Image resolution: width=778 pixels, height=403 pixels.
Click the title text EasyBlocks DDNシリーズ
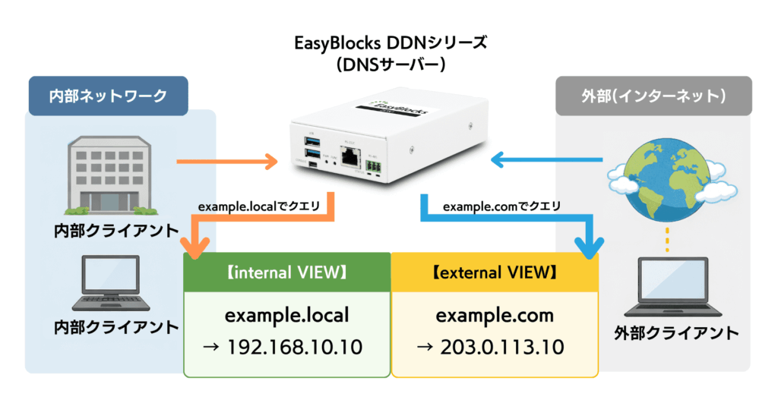tap(389, 43)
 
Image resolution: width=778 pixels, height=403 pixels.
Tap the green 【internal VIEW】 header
tap(286, 272)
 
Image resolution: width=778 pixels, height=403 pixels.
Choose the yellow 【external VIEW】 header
tap(494, 272)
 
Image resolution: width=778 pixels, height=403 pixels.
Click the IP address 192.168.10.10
tap(286, 348)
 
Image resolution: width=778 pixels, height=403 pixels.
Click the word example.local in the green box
tap(286, 315)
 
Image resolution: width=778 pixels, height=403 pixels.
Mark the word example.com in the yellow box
tap(494, 315)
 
